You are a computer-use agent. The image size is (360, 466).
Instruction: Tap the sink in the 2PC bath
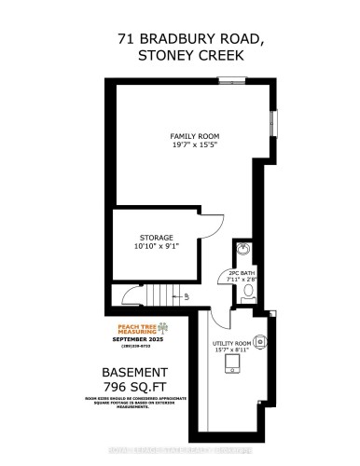(244, 250)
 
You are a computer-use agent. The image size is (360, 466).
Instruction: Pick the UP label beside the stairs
(186, 295)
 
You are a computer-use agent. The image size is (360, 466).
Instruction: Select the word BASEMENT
(135, 372)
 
